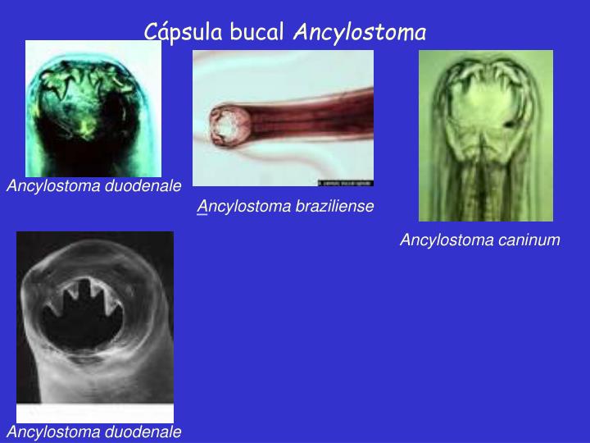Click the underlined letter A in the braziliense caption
tap(202, 207)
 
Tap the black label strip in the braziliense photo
tap(345, 182)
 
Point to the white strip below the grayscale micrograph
tap(94, 413)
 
